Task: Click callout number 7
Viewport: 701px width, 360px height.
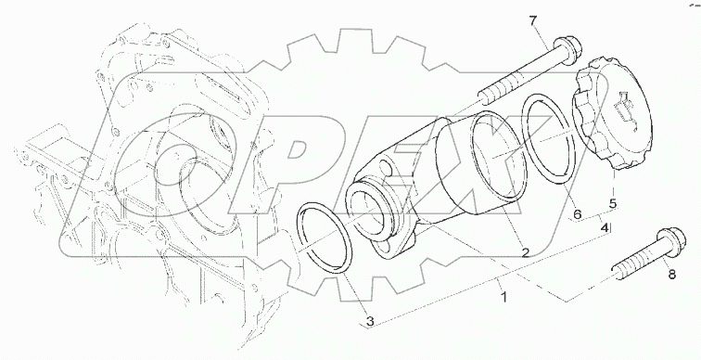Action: pos(558,20)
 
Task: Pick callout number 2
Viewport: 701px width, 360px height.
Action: pos(525,251)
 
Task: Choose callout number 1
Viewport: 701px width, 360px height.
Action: pos(503,298)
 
